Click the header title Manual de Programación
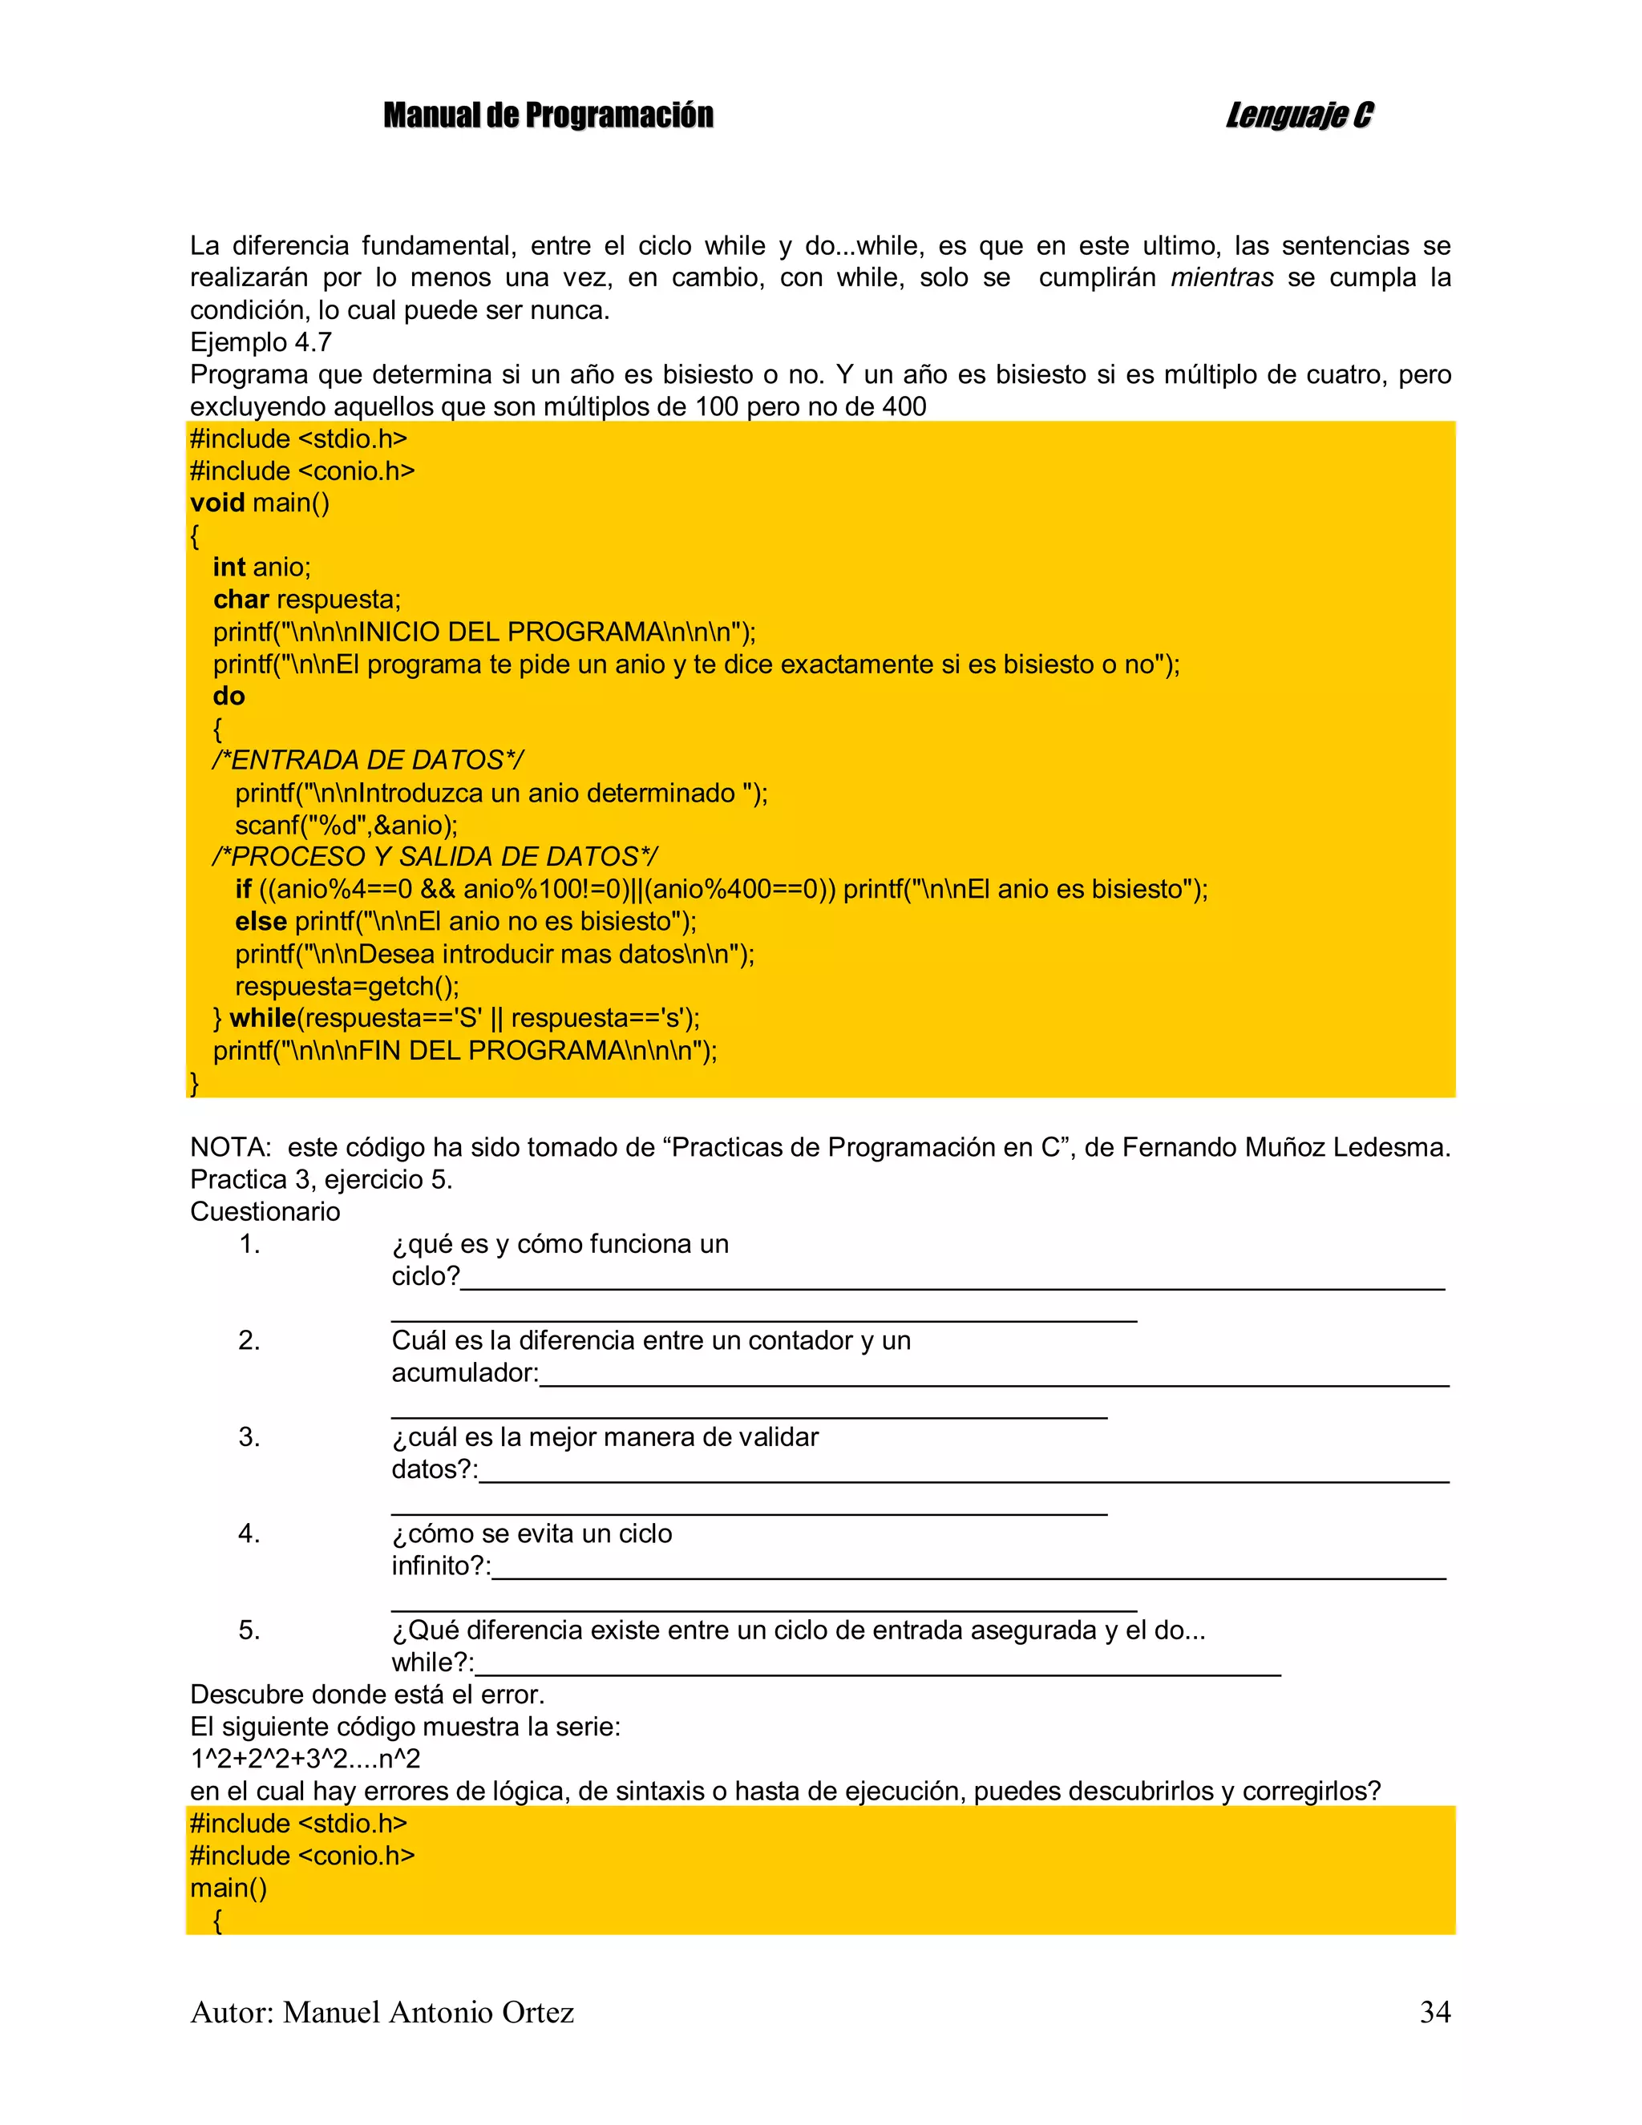point(548,115)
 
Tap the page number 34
point(1434,2011)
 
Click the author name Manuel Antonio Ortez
point(428,2011)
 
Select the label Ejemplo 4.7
point(261,342)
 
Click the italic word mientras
point(1222,278)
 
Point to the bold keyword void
point(217,503)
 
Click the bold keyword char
point(241,600)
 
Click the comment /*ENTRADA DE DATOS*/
point(368,760)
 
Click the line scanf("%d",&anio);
point(346,825)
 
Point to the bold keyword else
point(261,921)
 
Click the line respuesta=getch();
point(346,986)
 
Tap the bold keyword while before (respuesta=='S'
point(263,1018)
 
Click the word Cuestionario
point(265,1211)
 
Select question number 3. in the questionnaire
point(249,1437)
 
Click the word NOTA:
point(231,1147)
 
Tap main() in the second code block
point(229,1888)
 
